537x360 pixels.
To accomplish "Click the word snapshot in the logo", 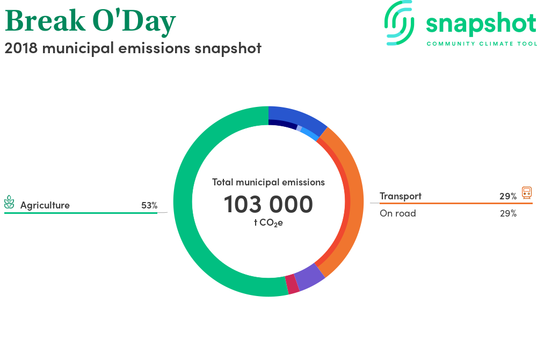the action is pos(481,24).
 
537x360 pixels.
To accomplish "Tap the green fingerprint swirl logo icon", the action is pos(399,23).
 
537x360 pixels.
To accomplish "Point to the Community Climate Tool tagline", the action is pos(482,44).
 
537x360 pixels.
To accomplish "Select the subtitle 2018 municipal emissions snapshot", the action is pos(133,48).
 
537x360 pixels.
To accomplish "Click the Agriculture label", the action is pos(45,205).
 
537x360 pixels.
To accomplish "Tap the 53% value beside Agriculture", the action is pos(149,205).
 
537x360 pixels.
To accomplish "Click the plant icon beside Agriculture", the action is pos(9,202).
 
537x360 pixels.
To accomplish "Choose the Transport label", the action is pos(401,196).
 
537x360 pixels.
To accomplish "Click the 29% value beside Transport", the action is pos(508,196).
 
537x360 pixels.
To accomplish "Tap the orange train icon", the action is pos(527,192).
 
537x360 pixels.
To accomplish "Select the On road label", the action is pos(397,213).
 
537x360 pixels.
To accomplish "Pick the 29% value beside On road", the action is pos(508,213).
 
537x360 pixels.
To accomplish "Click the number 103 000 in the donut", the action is pos(268,204).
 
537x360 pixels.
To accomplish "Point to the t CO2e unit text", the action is pos(268,222).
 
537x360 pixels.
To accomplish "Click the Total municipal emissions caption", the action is pos(268,182).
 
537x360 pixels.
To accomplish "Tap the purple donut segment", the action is pos(309,277).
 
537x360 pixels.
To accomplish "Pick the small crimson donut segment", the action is pos(292,284).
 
